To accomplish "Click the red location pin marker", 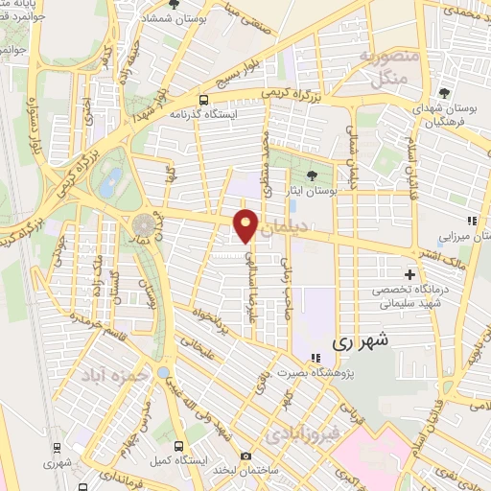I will pyautogui.click(x=246, y=225).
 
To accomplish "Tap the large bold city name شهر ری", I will pyautogui.click(x=354, y=341).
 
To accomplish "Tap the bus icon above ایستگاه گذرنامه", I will pyautogui.click(x=203, y=99).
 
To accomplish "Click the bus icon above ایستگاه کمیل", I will pyautogui.click(x=178, y=446).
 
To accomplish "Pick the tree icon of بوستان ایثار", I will pyautogui.click(x=313, y=175).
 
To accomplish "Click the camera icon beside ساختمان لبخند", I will pyautogui.click(x=246, y=456).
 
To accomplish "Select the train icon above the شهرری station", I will pyautogui.click(x=57, y=447).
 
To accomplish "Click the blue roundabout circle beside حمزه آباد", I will pyautogui.click(x=164, y=372).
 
